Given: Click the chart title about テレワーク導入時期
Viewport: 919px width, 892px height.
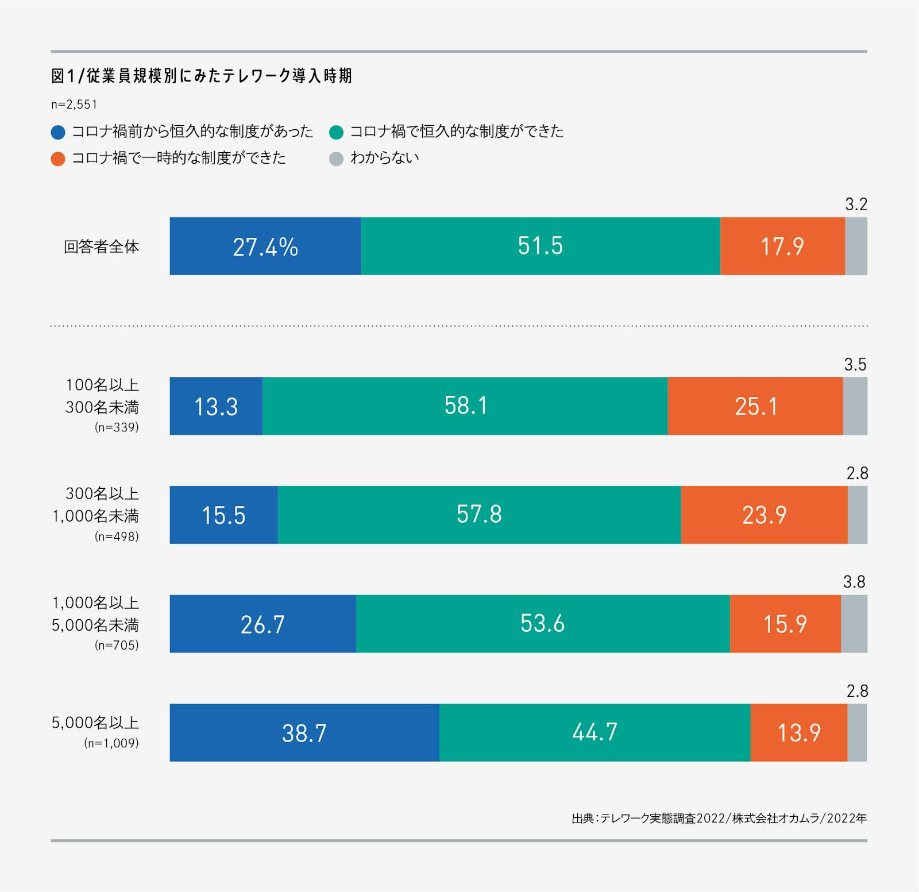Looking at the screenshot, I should point(201,76).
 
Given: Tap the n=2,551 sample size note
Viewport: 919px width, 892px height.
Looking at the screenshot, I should point(74,105).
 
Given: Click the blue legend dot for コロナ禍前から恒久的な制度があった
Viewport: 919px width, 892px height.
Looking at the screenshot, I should point(58,132).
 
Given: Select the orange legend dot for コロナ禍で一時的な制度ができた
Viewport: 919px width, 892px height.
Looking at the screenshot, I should point(58,159).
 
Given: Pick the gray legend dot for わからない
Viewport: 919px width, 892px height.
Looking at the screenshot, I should point(336,159).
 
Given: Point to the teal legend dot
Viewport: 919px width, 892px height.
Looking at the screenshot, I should point(336,132).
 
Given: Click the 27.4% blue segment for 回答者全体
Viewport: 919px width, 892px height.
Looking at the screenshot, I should point(265,246).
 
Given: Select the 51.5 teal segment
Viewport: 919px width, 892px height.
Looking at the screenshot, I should point(540,246).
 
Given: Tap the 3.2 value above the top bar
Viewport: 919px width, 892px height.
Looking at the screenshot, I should point(856,204).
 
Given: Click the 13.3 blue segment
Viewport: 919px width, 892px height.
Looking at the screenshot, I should point(216,406).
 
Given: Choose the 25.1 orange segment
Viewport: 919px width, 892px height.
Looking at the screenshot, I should point(755,406).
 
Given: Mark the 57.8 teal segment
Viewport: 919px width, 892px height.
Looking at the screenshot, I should point(479,515).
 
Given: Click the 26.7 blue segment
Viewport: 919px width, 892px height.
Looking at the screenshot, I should point(262,624).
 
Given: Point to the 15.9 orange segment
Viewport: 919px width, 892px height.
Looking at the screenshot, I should point(785,624).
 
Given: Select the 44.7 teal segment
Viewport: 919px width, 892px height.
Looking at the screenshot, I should point(594,732).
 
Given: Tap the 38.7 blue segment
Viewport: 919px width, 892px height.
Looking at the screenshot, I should point(304,732).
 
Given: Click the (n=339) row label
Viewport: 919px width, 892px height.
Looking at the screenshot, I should point(117,427).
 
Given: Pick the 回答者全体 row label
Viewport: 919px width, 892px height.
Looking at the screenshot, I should point(101,247).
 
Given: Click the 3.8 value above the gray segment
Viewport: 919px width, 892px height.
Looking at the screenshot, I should point(854,582).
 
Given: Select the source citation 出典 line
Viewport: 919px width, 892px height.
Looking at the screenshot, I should point(719,818).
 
